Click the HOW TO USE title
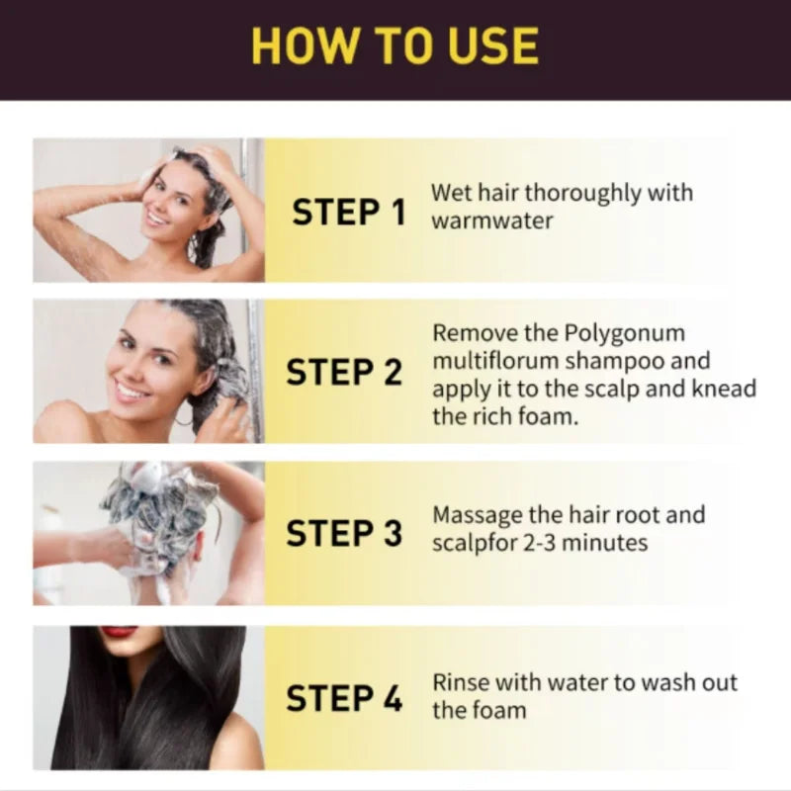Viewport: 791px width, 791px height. click(395, 45)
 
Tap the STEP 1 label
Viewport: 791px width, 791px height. click(348, 212)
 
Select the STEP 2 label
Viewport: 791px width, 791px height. click(344, 373)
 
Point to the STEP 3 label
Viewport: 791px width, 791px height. click(344, 533)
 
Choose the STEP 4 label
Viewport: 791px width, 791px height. click(344, 698)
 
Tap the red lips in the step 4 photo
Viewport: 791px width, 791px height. click(119, 632)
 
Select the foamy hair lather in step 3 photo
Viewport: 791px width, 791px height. click(158, 504)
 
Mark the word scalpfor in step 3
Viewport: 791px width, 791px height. click(471, 543)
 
